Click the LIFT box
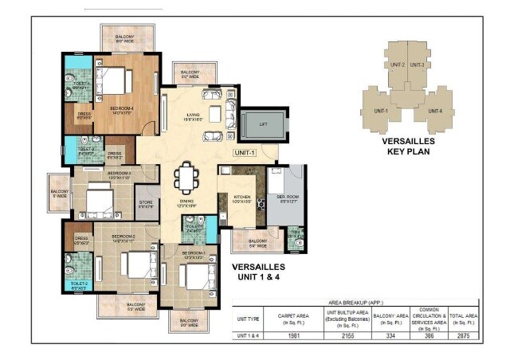(260, 124)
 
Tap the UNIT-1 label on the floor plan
(245, 152)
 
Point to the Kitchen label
(241, 198)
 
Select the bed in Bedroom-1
(194, 279)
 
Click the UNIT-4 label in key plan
(435, 112)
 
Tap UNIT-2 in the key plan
(398, 65)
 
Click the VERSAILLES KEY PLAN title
(408, 145)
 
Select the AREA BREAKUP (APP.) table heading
(355, 303)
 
